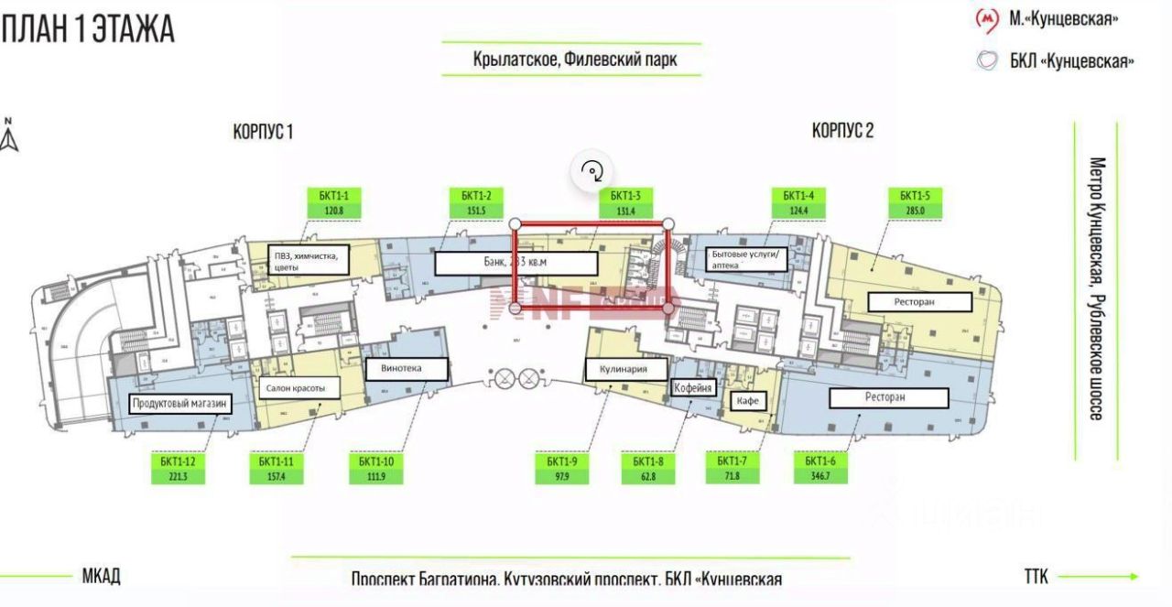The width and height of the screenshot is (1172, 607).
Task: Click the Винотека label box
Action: coord(407,369)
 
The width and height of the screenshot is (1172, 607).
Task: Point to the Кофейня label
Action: coord(693,388)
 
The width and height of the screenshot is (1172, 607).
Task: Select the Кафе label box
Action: coord(746,401)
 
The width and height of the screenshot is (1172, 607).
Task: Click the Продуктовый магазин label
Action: coord(179,404)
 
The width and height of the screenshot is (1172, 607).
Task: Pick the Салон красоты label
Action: coord(302,388)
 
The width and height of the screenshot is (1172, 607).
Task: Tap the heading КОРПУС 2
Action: coord(842,130)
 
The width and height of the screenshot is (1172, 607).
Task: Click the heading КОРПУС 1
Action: coord(263,132)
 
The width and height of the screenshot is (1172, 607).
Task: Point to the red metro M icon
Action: coord(986,18)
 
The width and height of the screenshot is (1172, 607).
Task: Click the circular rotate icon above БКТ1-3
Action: coord(592,170)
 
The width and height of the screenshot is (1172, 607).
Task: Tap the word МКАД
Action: coord(101,576)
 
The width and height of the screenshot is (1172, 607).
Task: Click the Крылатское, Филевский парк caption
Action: coord(575,61)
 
